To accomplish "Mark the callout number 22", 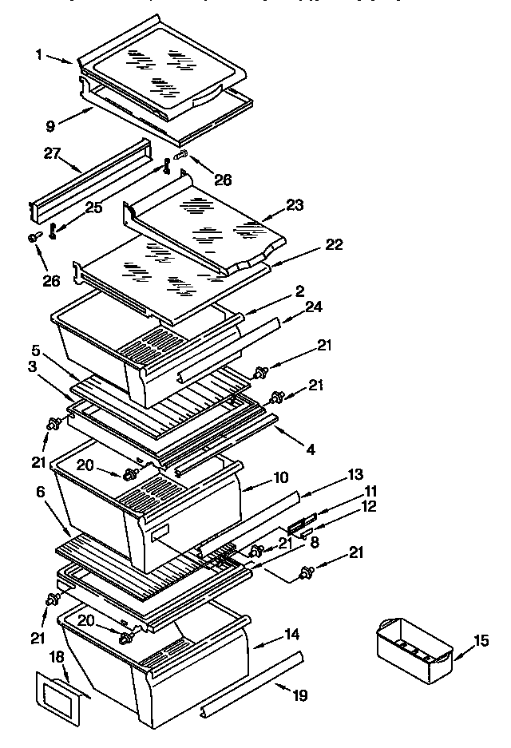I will pyautogui.click(x=334, y=244).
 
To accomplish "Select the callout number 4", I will pyautogui.click(x=311, y=449).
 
